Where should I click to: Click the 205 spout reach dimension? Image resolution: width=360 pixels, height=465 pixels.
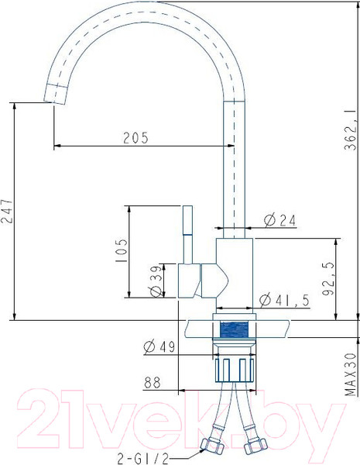click(x=135, y=138)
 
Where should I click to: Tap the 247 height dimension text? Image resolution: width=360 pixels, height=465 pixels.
click(x=7, y=211)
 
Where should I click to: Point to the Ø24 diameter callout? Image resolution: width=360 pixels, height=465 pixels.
click(x=279, y=220)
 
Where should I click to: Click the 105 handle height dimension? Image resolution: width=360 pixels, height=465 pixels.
click(x=122, y=250)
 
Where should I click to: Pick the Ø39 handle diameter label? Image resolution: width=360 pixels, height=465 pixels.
click(x=156, y=281)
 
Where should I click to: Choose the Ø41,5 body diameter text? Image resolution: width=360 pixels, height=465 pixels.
click(x=284, y=301)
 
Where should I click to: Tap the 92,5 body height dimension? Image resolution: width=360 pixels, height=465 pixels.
click(x=328, y=279)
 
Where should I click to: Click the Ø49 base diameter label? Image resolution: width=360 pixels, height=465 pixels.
click(x=159, y=346)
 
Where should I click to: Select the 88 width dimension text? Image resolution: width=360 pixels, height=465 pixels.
click(x=153, y=383)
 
